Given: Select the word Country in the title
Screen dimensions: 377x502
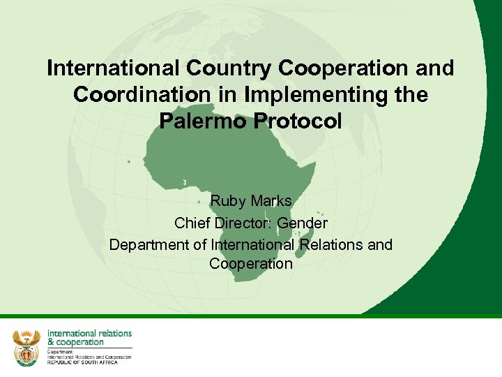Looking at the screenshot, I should (227, 68).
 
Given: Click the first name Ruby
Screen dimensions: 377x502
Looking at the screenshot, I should (225, 201).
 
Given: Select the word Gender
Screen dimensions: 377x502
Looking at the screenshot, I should (301, 223).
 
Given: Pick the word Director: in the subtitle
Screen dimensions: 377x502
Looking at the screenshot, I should (243, 223).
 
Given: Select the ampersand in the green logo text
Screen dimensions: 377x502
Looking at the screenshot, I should (51, 342).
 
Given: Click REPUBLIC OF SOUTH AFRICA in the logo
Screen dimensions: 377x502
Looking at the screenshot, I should (82, 362).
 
